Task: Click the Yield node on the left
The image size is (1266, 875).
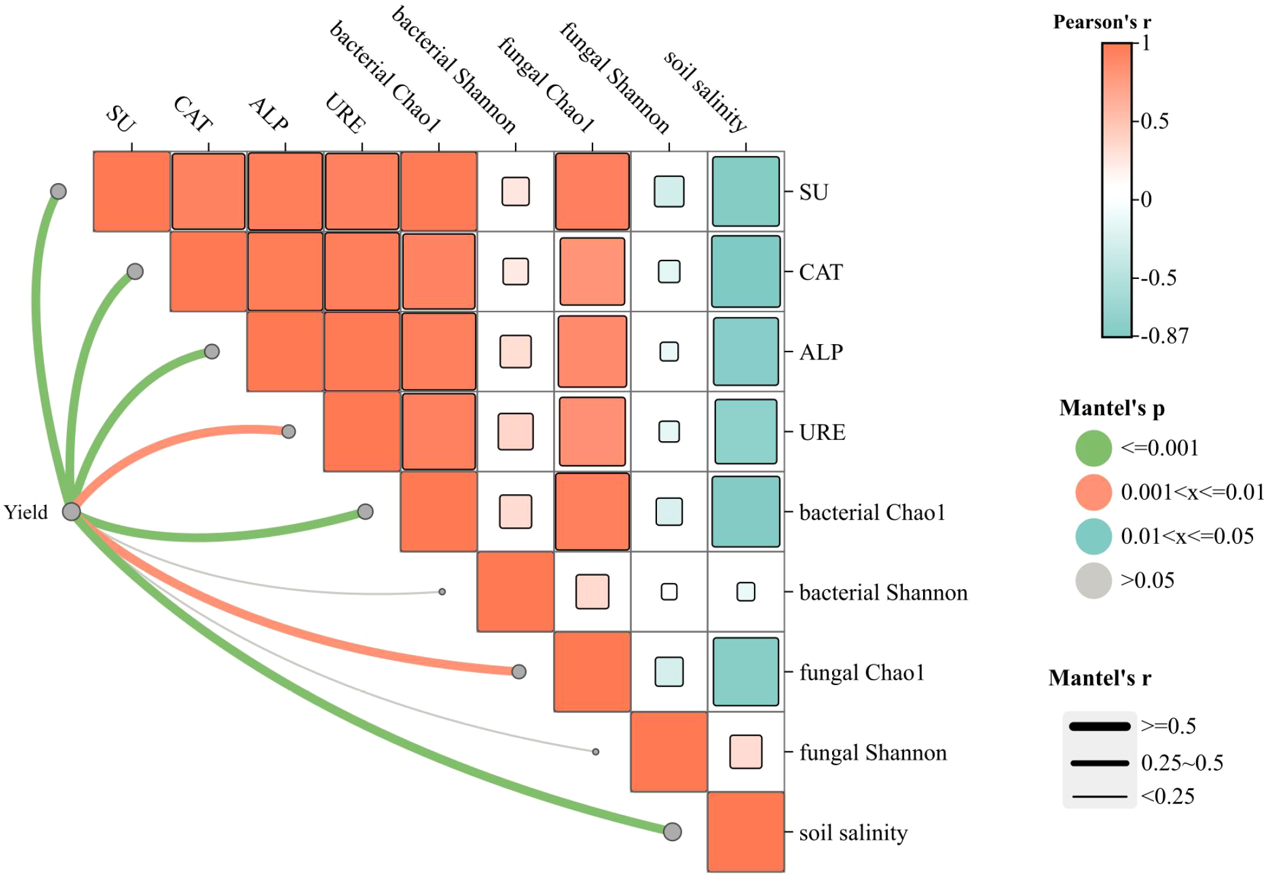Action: click(71, 511)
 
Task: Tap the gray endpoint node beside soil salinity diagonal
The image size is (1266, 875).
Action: click(672, 831)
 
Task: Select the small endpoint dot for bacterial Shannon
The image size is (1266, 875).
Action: click(442, 592)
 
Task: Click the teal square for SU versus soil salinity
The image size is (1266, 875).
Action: click(745, 191)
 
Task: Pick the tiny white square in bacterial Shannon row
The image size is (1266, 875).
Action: click(669, 592)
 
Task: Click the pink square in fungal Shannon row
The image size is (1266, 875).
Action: click(745, 751)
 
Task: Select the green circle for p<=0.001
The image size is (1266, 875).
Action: click(1093, 448)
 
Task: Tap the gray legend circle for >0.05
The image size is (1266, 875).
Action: click(1093, 580)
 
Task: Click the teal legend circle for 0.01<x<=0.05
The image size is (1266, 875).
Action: click(1093, 536)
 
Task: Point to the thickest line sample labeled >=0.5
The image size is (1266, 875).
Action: click(1099, 726)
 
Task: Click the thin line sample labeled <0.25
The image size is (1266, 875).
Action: click(1099, 797)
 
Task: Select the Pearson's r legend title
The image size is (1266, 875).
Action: click(1101, 22)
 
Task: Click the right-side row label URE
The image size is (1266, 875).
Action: click(822, 432)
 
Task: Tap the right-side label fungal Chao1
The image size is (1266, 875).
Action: click(862, 672)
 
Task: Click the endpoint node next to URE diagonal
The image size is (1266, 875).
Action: click(288, 431)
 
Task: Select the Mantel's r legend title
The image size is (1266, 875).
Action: click(1099, 678)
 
